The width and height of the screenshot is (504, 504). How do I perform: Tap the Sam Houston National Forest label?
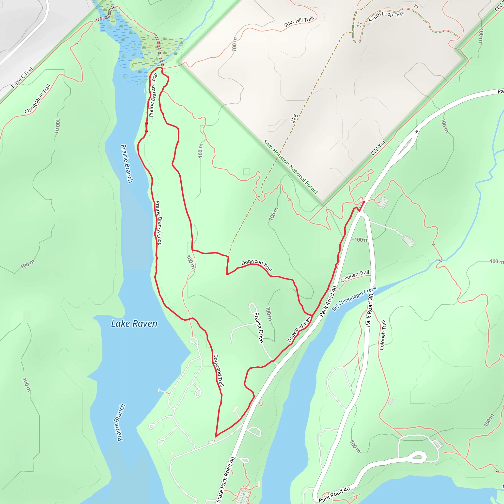point(290,167)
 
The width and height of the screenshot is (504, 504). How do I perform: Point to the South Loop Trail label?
point(386,16)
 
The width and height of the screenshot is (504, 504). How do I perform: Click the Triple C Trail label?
point(22,78)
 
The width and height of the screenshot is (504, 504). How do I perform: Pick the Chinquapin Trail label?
point(38,99)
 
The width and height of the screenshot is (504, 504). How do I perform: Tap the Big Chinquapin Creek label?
point(354,299)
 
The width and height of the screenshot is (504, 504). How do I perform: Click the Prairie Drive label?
point(259,328)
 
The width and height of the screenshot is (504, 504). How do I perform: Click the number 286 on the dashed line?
point(294,118)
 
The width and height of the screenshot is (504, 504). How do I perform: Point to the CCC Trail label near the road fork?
point(378,148)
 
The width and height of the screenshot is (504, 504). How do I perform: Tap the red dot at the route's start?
point(364,202)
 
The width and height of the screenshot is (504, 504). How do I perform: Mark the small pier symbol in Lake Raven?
point(161,391)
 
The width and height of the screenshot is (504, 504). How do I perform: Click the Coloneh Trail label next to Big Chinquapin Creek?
point(355,276)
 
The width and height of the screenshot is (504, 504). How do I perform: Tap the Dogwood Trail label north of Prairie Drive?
point(256,265)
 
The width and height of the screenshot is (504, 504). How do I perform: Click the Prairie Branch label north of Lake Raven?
point(127,164)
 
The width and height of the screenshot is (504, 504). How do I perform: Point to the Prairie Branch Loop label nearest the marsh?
point(153,95)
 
